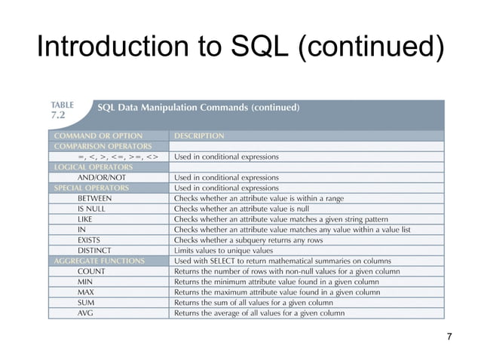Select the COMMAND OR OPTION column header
[98, 136]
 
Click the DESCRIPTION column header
[199, 136]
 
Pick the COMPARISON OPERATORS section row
[102, 146]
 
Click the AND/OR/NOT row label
[103, 178]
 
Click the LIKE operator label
[85, 219]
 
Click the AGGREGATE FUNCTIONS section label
[98, 261]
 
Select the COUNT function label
[91, 271]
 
